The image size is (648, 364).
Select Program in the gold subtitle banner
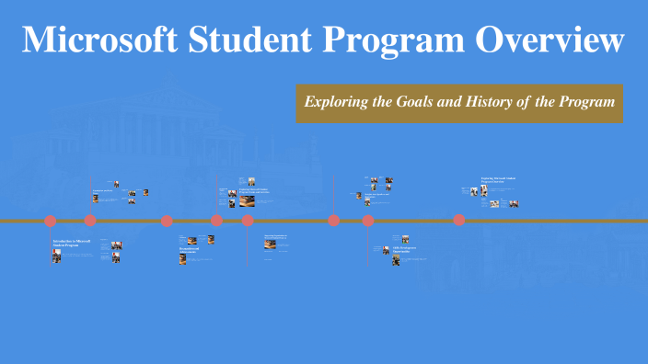click(x=586, y=102)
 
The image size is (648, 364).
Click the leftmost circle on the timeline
click(x=51, y=221)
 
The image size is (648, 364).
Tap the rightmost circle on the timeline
click(x=458, y=221)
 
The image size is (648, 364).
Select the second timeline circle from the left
click(x=90, y=221)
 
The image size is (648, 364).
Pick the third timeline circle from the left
click(x=167, y=221)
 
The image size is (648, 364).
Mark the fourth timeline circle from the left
click(x=216, y=221)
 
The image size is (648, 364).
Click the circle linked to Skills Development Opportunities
click(x=368, y=221)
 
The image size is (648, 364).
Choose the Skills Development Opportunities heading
click(x=406, y=249)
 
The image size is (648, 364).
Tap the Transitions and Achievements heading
click(x=189, y=250)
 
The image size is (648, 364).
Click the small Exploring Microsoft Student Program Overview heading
click(x=493, y=180)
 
